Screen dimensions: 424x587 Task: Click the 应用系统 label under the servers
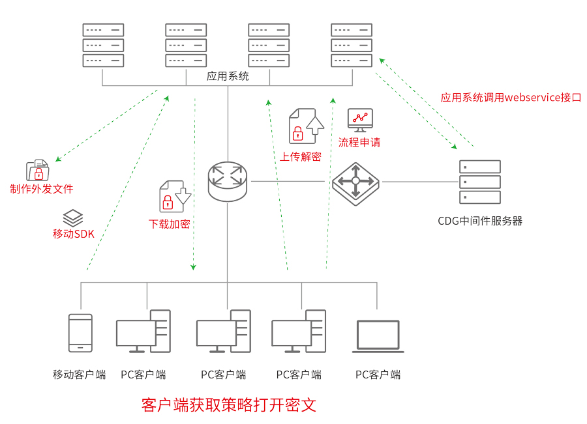pyautogui.click(x=228, y=76)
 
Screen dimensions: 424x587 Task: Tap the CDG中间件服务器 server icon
pyautogui.click(x=480, y=182)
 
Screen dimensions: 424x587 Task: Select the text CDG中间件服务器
pyautogui.click(x=480, y=221)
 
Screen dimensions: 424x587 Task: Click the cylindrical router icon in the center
pyautogui.click(x=228, y=181)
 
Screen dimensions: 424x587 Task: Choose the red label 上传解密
pyautogui.click(x=301, y=156)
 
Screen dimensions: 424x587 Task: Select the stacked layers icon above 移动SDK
pyautogui.click(x=73, y=218)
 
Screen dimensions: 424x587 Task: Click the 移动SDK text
pyautogui.click(x=74, y=234)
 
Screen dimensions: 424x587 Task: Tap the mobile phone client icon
pyautogui.click(x=80, y=333)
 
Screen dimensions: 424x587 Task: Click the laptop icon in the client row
pyautogui.click(x=378, y=336)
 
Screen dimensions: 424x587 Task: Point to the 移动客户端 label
pyautogui.click(x=79, y=375)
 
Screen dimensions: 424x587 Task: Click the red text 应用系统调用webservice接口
pyautogui.click(x=511, y=98)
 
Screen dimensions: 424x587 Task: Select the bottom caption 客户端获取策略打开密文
pyautogui.click(x=228, y=405)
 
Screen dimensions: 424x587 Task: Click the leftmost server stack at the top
pyautogui.click(x=103, y=45)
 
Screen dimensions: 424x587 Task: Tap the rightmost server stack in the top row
pyautogui.click(x=352, y=45)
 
